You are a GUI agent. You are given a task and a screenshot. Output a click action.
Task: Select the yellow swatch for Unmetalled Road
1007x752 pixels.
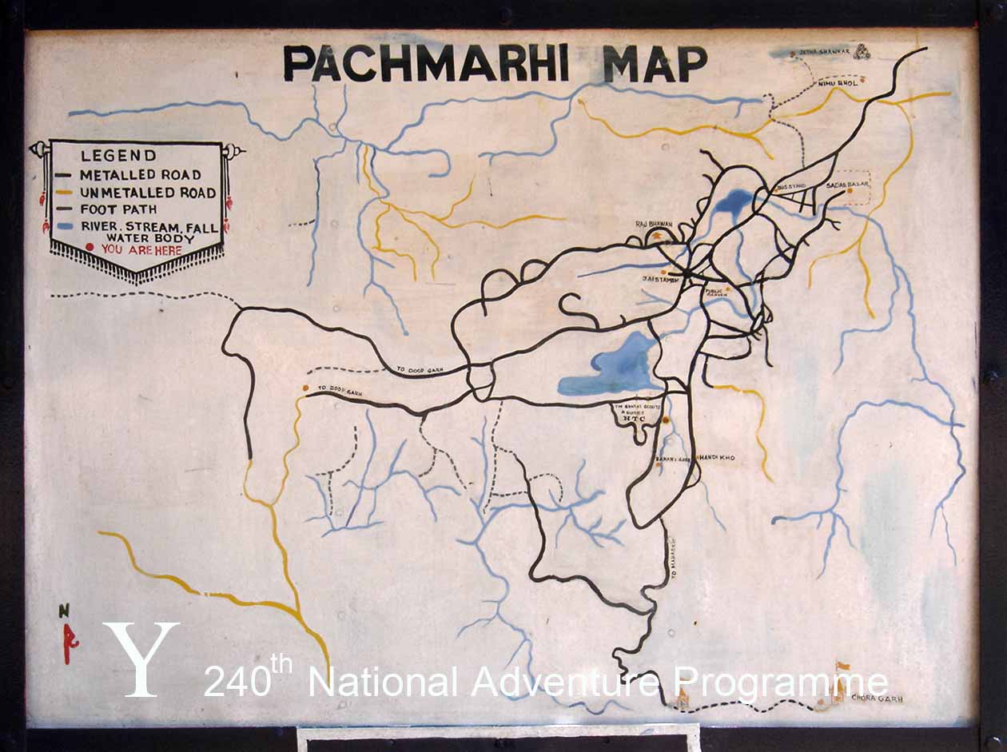click(x=65, y=193)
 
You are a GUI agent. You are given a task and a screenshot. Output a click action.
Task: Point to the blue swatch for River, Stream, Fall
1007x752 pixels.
click(x=65, y=227)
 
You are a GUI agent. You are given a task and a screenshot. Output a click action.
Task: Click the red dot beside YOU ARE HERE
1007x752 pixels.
click(x=90, y=249)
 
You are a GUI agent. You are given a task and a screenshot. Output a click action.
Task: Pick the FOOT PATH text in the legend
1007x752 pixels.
click(x=113, y=210)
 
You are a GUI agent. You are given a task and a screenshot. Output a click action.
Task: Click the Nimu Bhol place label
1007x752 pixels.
click(x=837, y=82)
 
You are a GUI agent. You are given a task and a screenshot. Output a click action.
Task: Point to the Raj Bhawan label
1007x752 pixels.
click(x=655, y=225)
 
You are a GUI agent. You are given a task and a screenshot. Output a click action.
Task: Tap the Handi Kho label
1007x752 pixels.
click(x=717, y=457)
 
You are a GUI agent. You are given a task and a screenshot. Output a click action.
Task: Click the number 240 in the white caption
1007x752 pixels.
click(x=237, y=683)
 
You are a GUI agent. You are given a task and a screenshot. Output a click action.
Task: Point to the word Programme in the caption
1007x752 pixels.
click(x=780, y=683)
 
